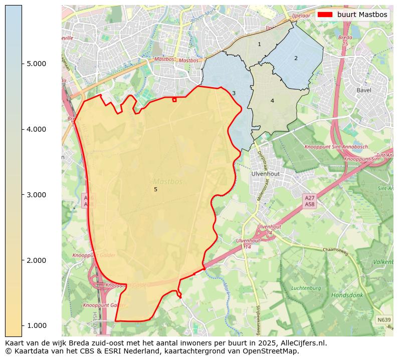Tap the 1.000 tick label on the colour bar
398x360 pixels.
[36, 326]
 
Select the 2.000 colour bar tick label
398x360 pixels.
[36, 260]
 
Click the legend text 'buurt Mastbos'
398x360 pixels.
[362, 15]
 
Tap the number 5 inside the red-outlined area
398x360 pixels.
[155, 189]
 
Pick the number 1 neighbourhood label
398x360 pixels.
[259, 45]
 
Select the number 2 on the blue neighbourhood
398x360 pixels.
[296, 58]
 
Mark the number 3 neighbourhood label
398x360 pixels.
[234, 93]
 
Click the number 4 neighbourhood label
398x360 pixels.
[272, 101]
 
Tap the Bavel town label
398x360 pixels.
[364, 90]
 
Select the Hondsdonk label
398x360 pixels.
[347, 295]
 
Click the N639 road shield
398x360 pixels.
[384, 319]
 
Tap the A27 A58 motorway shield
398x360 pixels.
[310, 201]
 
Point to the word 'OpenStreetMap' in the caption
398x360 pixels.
[273, 351]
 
